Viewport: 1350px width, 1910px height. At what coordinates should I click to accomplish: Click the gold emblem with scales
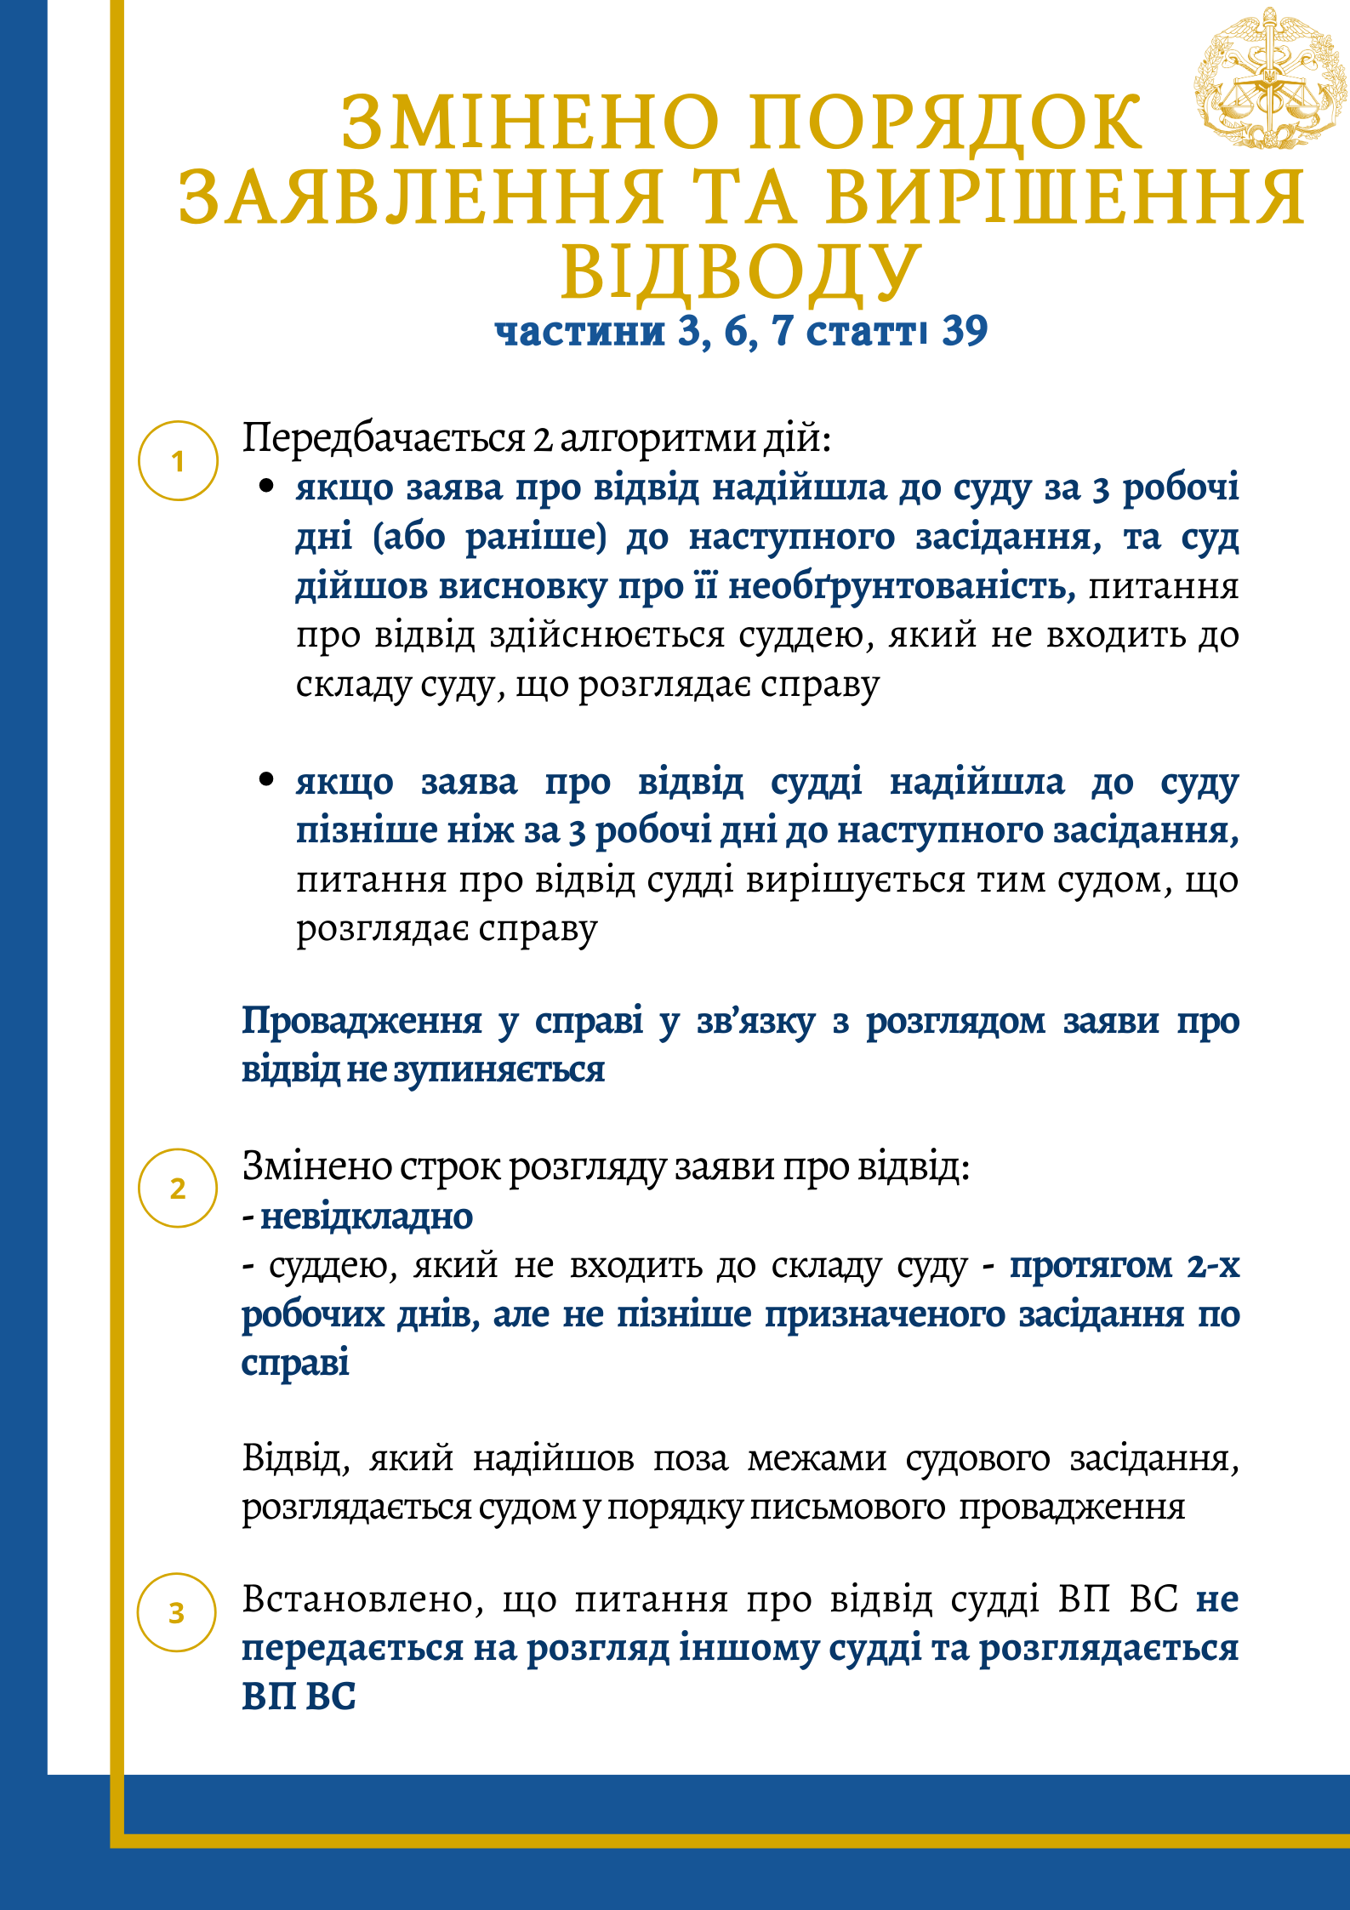click(x=1269, y=80)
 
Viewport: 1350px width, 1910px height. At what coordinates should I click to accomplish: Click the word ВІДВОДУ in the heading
click(x=741, y=272)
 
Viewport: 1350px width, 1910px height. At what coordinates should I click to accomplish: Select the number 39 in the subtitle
click(x=965, y=331)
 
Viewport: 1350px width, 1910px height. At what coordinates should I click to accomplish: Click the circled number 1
click(x=178, y=461)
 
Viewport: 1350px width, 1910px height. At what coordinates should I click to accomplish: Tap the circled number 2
click(x=178, y=1188)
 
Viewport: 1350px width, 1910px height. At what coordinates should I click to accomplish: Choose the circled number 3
click(x=177, y=1612)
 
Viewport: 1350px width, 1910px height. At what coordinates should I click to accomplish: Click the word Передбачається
click(x=384, y=439)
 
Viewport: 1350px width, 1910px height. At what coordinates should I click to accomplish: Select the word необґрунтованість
click(x=902, y=587)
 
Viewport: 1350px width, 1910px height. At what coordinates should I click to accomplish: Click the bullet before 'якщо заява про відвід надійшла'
click(x=266, y=486)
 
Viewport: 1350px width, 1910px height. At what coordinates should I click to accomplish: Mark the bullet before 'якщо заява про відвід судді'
click(x=266, y=778)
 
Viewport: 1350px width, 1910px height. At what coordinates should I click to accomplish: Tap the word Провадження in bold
click(x=362, y=1021)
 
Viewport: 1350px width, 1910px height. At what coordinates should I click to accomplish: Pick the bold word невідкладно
click(x=367, y=1217)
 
